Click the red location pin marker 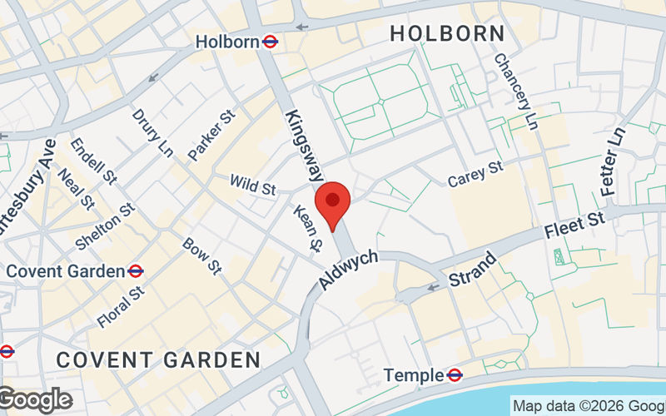click(333, 205)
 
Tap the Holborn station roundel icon click(270, 41)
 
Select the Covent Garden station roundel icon click(136, 270)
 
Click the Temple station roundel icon click(455, 375)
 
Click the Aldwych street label click(349, 268)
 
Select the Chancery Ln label click(516, 92)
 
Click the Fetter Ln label click(614, 161)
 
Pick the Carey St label click(475, 174)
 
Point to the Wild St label click(252, 185)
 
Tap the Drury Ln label click(153, 131)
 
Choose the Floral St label click(121, 307)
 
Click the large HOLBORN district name click(447, 34)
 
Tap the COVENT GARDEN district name click(158, 359)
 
